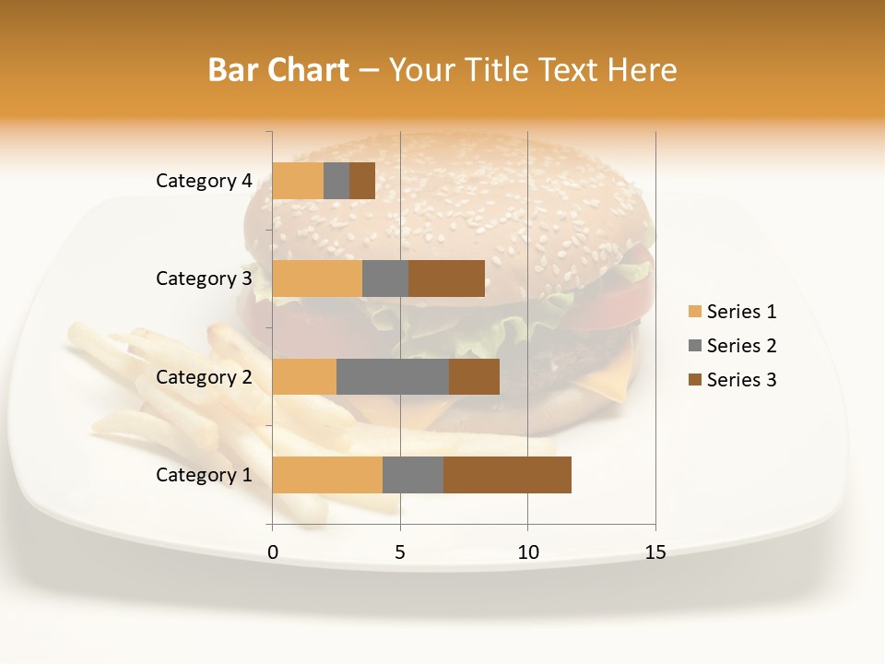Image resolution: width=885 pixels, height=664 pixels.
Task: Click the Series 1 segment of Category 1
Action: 327,475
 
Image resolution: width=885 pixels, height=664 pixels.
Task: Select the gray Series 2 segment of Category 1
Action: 413,475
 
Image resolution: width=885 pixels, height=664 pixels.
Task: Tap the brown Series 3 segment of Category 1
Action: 507,475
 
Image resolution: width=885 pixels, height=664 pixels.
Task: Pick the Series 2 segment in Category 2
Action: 393,376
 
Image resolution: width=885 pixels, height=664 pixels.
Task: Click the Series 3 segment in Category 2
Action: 474,376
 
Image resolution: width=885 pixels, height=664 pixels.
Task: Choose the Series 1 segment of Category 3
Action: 317,279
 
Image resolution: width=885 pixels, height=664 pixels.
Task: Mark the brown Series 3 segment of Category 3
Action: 446,279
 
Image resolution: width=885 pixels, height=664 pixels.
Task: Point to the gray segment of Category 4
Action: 336,181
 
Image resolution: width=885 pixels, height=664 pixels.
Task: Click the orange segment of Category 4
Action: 298,181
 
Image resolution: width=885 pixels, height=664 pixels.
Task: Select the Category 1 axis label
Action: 204,475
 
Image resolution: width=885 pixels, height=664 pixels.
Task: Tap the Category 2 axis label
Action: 204,376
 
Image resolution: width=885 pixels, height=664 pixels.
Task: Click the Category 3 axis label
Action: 204,279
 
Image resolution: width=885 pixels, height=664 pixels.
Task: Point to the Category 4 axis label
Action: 204,181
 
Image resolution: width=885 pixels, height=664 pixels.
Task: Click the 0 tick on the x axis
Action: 273,552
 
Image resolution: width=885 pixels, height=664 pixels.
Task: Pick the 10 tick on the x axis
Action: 527,552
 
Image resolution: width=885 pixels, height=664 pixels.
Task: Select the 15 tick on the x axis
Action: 655,552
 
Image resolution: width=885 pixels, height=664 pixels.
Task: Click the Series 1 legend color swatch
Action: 694,312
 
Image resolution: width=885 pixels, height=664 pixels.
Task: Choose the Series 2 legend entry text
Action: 741,346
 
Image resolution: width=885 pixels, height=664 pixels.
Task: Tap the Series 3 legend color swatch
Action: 694,380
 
